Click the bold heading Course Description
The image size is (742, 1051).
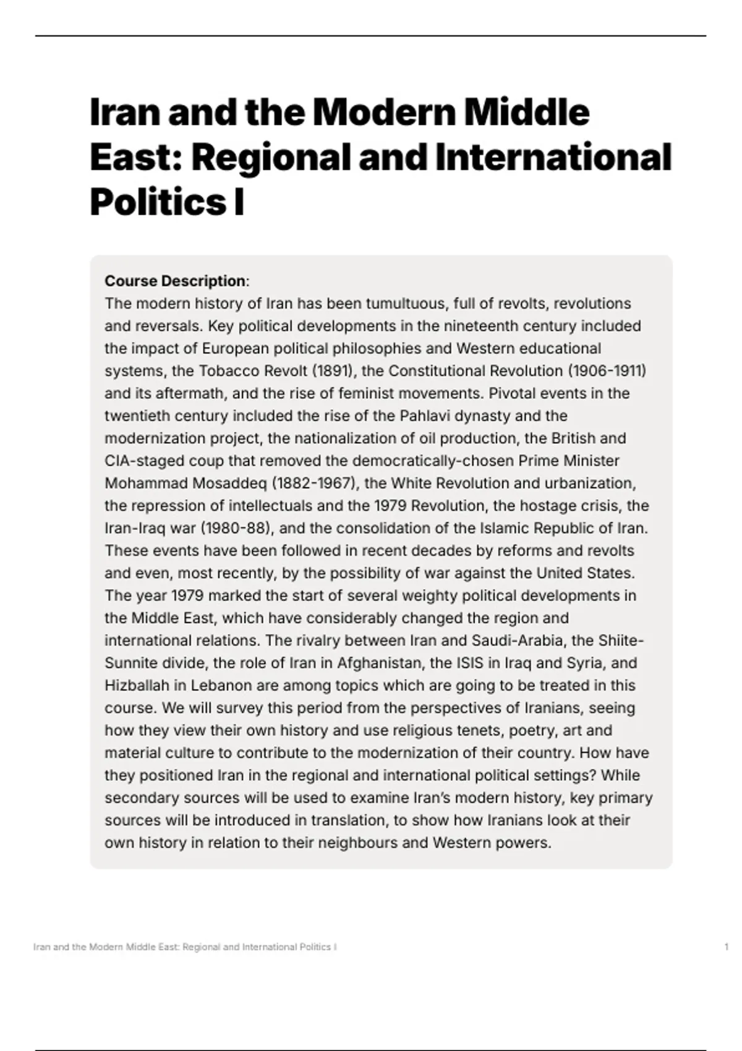click(x=175, y=281)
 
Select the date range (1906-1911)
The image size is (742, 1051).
click(x=607, y=371)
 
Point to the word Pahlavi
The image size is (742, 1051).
click(x=425, y=416)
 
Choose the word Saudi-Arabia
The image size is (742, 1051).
click(x=511, y=640)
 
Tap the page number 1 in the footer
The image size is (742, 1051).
click(x=727, y=947)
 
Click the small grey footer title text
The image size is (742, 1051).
click(x=185, y=947)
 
